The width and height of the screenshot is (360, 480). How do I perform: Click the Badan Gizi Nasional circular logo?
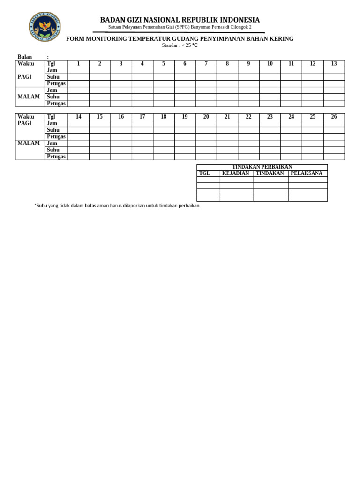pyautogui.click(x=45, y=26)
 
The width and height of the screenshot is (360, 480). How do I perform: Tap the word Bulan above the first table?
pyautogui.click(x=25, y=57)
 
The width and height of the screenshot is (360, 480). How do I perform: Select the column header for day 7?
pyautogui.click(x=206, y=64)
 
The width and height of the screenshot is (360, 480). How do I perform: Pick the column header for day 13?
pyautogui.click(x=334, y=64)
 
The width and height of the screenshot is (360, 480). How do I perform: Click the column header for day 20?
pyautogui.click(x=206, y=117)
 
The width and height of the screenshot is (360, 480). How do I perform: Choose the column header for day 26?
pyautogui.click(x=334, y=117)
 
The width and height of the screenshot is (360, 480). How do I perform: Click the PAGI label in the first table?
pyautogui.click(x=24, y=77)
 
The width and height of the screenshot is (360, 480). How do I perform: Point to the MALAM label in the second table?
pyautogui.click(x=29, y=143)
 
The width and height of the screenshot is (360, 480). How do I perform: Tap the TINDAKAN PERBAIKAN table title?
pyautogui.click(x=262, y=167)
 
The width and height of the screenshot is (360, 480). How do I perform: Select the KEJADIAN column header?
pyautogui.click(x=236, y=173)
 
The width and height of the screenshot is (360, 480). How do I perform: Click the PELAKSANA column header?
pyautogui.click(x=307, y=173)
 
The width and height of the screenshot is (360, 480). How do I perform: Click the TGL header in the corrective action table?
pyautogui.click(x=205, y=173)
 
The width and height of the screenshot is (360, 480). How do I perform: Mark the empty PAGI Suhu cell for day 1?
pyautogui.click(x=78, y=77)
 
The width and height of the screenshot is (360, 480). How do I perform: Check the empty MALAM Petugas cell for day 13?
pyautogui.click(x=334, y=104)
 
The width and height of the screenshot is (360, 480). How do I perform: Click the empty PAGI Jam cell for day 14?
pyautogui.click(x=78, y=123)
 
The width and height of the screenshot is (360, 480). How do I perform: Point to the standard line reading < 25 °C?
pyautogui.click(x=180, y=45)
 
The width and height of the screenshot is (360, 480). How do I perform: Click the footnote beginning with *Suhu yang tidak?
pyautogui.click(x=117, y=206)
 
